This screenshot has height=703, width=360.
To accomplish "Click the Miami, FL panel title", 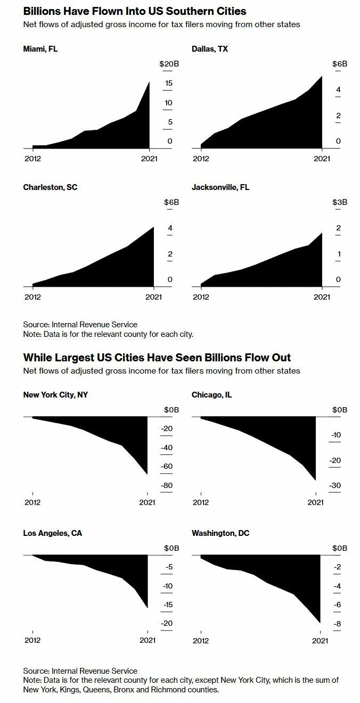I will [40, 49].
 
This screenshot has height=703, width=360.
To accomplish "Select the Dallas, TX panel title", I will [210, 49].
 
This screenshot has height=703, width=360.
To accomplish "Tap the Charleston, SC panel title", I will [50, 187].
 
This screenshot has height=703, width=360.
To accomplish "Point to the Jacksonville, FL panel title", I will [220, 187].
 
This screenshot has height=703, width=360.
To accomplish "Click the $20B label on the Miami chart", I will [169, 64].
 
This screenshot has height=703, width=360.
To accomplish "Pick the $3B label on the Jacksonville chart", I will [340, 202].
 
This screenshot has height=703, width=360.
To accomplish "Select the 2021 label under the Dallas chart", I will [322, 159].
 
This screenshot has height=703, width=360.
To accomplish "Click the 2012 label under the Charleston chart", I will [32, 297].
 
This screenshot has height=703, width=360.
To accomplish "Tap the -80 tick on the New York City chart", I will [167, 486].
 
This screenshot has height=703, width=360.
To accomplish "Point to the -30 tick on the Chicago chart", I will [336, 486].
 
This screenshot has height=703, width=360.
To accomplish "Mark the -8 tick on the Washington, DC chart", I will [337, 624].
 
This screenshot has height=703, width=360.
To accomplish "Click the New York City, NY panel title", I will [56, 395].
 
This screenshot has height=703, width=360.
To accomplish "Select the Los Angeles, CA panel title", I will [53, 533].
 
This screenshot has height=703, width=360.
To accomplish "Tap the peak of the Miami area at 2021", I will [149, 82].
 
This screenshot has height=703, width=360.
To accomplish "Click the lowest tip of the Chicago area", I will [316, 480].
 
